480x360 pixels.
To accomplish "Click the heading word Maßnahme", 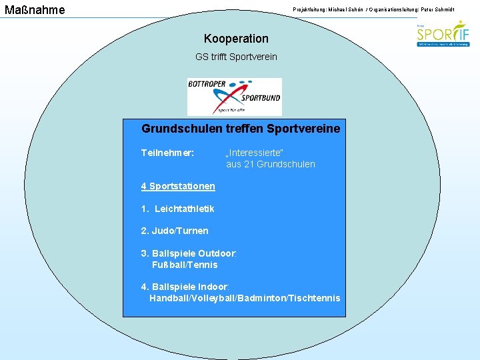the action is click(35, 9).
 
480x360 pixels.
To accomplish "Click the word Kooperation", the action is click(236, 39).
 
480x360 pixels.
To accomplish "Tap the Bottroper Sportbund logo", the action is click(234, 97).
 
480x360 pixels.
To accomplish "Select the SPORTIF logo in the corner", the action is click(443, 35).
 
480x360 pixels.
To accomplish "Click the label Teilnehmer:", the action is click(167, 153).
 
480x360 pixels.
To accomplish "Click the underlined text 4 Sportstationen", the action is click(177, 186).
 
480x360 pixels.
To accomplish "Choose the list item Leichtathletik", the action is click(184, 209).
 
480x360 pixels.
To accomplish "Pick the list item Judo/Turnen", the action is click(175, 231).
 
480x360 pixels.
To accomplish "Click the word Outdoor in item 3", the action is click(217, 253).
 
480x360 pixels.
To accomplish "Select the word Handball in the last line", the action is click(169, 298).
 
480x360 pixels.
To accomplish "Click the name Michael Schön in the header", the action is click(340, 8).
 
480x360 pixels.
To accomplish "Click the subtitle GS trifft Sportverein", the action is click(236, 57).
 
